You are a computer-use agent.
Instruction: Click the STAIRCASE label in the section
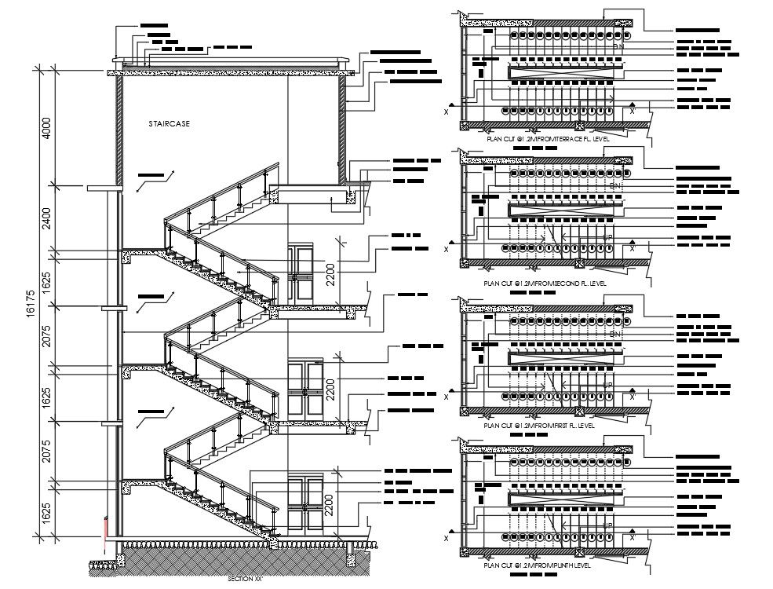170,124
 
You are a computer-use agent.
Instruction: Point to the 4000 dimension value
46,128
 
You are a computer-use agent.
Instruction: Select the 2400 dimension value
46,218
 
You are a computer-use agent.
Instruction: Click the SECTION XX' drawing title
245,579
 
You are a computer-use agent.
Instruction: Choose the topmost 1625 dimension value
46,280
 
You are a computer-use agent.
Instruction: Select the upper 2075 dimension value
46,337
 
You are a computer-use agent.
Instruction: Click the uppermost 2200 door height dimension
331,271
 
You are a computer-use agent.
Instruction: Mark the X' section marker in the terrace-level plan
632,110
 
